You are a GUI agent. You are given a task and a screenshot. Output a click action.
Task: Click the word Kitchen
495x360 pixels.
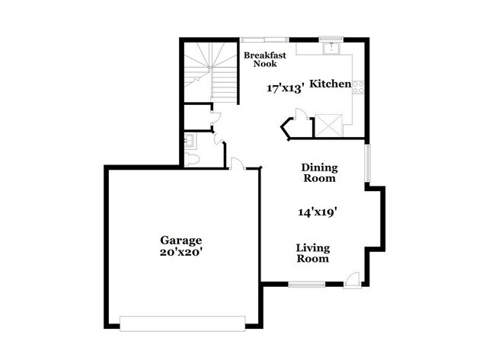coord(331,84)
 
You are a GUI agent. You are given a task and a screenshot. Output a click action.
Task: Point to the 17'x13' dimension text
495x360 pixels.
coord(286,88)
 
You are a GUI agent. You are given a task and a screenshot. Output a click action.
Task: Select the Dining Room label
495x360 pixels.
coord(319,172)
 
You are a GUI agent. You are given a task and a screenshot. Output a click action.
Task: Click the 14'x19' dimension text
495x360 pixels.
coord(318,213)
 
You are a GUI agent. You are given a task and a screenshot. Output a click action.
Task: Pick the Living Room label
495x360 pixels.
coord(312,253)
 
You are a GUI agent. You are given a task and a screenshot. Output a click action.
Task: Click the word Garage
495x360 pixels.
coord(180,241)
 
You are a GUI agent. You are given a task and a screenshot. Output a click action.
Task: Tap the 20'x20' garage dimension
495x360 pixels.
coord(180,252)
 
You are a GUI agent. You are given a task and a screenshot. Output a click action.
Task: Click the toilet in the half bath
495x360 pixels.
coord(193,158)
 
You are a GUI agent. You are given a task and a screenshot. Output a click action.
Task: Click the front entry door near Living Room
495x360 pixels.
coord(352,280)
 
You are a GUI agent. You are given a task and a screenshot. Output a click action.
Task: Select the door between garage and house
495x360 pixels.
coord(236,163)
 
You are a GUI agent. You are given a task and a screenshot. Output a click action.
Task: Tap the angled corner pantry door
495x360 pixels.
coord(289,128)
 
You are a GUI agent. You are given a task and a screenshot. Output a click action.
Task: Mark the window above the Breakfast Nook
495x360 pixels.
coord(263,39)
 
